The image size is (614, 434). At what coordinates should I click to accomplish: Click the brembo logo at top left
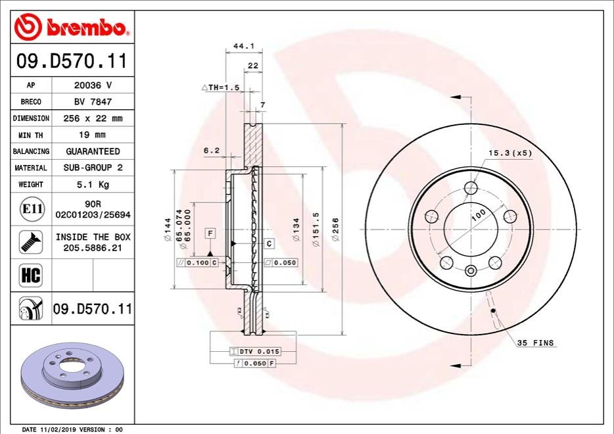(x=70, y=27)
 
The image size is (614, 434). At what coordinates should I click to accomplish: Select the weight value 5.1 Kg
(x=93, y=185)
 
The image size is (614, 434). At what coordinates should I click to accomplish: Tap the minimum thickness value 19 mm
(x=92, y=135)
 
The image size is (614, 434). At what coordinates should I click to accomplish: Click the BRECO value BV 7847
(x=93, y=102)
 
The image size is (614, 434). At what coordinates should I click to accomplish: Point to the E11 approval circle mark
(x=32, y=208)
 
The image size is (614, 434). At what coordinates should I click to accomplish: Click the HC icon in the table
(x=30, y=275)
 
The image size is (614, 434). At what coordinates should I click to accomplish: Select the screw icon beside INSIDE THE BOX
(x=31, y=242)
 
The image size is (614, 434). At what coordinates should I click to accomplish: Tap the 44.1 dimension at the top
(x=244, y=46)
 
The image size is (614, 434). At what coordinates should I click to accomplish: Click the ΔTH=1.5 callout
(x=220, y=87)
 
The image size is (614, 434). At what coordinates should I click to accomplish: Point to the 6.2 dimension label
(x=212, y=150)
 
